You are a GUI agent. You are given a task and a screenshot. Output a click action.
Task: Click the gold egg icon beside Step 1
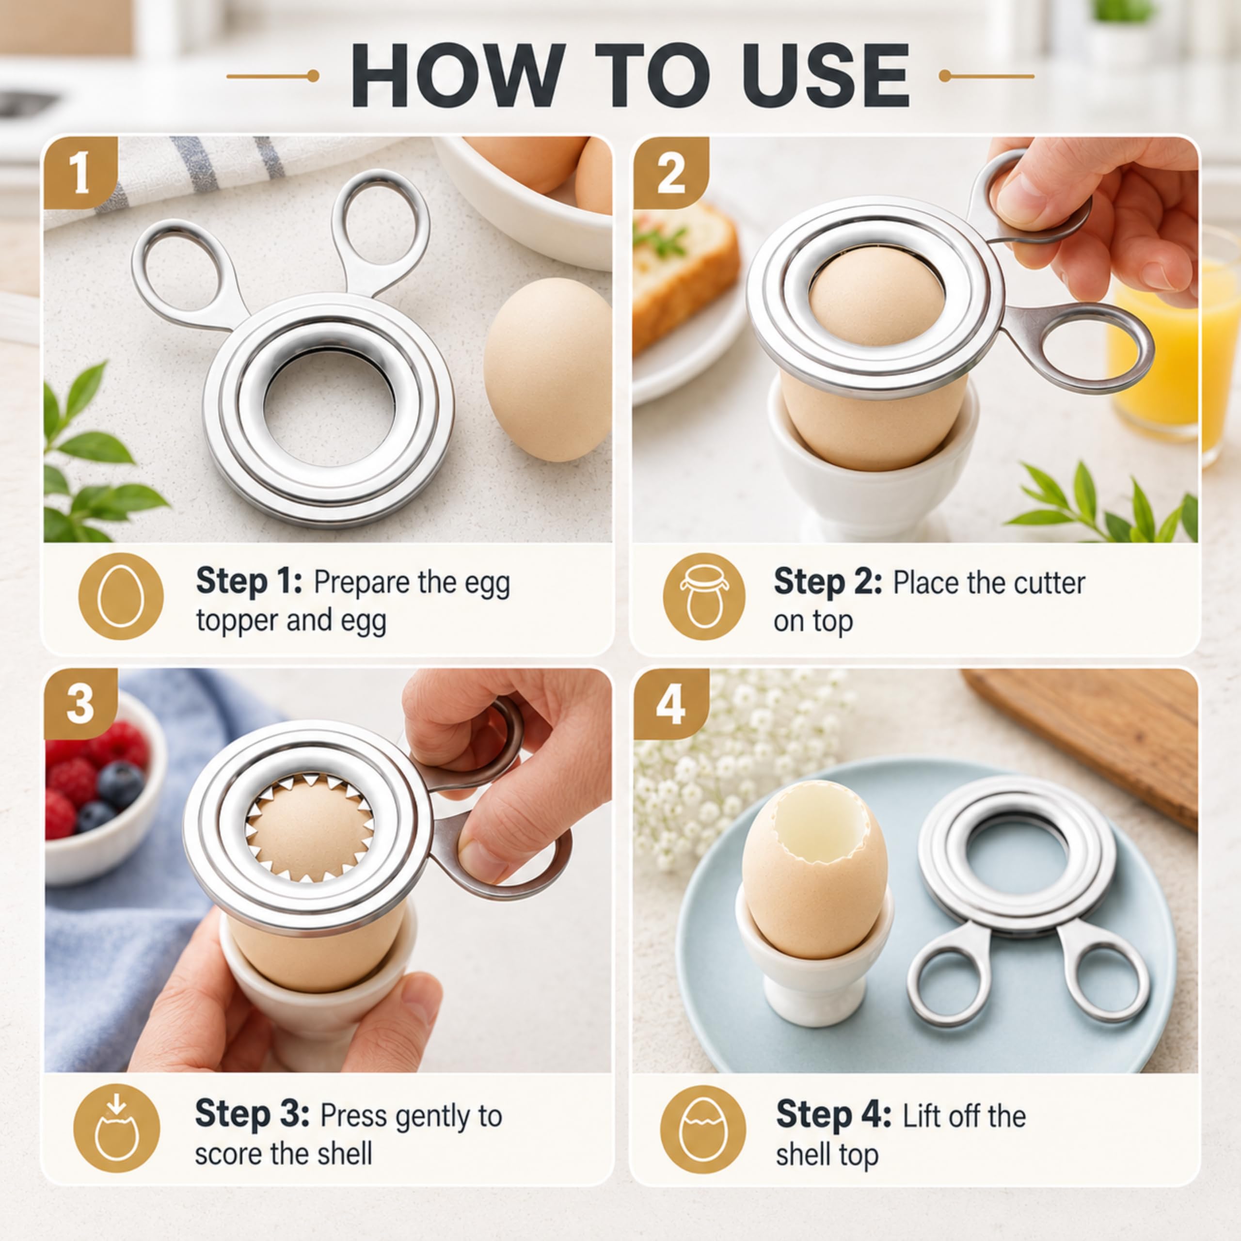[120, 596]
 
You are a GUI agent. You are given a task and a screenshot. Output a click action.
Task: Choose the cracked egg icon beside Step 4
[703, 1129]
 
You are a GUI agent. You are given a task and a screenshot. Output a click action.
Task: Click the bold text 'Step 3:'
[252, 1113]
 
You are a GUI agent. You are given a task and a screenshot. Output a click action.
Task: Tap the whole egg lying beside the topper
[547, 369]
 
